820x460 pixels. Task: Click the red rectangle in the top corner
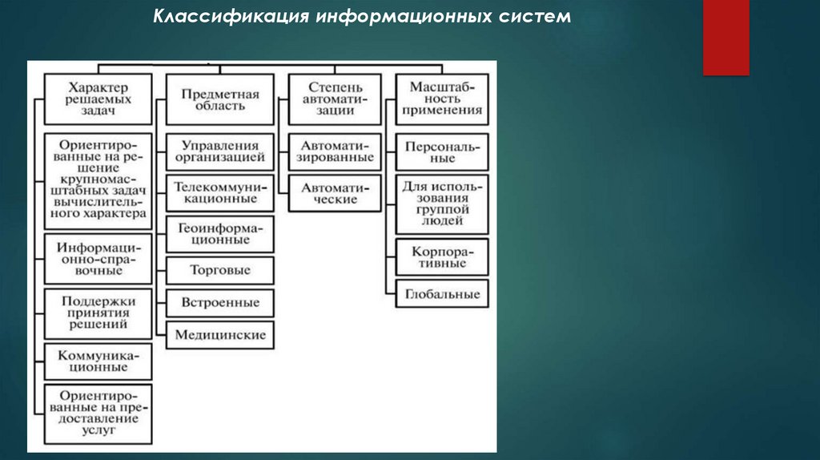point(726,38)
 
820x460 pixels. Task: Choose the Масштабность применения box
point(443,99)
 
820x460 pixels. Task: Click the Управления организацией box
point(220,151)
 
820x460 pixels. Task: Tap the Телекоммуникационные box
point(220,192)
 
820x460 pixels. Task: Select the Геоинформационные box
point(220,233)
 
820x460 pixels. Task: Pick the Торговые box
point(220,270)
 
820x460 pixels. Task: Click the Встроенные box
point(220,303)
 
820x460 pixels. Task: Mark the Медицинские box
point(220,335)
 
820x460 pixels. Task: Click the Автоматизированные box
point(336,151)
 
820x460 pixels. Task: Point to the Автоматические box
point(336,193)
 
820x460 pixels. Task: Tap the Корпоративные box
point(443,256)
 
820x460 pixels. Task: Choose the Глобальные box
point(443,294)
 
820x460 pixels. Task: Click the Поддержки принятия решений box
point(98,313)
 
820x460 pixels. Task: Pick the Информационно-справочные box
point(98,258)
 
